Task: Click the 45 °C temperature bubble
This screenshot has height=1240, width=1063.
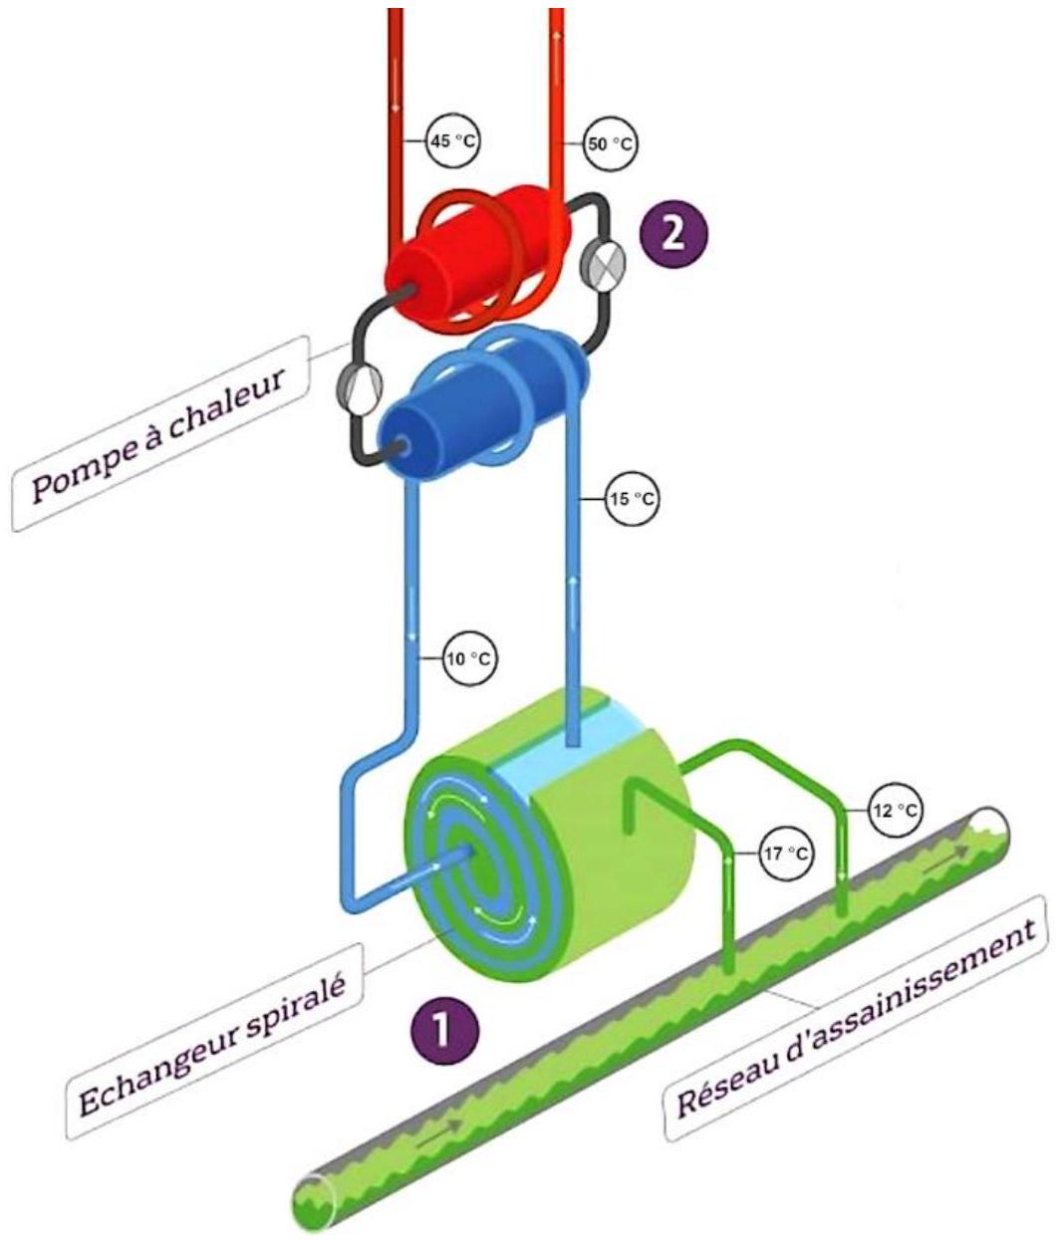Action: pyautogui.click(x=453, y=141)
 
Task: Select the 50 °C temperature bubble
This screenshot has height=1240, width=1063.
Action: pyautogui.click(x=611, y=144)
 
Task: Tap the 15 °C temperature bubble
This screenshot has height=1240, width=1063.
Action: pyautogui.click(x=632, y=499)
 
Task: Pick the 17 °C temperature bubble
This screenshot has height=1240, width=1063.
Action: pyautogui.click(x=787, y=854)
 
